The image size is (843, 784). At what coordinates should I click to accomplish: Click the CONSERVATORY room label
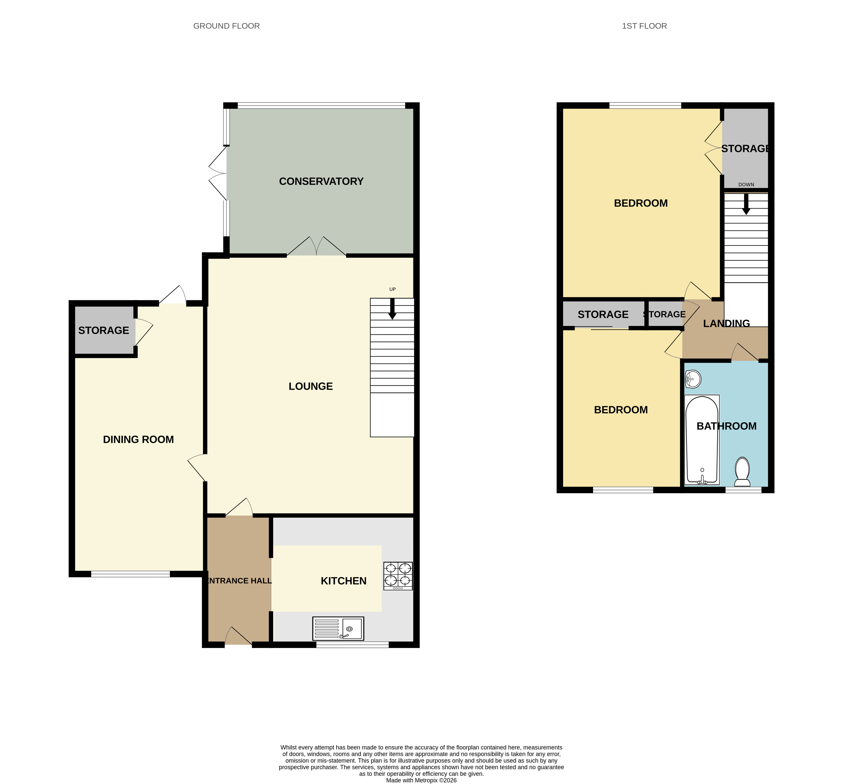point(321,182)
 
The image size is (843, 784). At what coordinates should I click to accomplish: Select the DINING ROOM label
point(138,439)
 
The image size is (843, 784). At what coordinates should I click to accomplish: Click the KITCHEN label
point(343,581)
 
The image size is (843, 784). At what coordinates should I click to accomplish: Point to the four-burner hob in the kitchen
point(398,576)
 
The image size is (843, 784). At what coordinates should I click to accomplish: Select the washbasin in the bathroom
point(693,379)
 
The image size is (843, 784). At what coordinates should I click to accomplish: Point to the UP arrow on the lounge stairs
point(392,309)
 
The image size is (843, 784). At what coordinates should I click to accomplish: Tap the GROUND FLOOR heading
point(226,26)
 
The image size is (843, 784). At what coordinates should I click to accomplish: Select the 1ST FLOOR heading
point(644,26)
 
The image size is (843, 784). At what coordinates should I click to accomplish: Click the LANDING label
point(726,324)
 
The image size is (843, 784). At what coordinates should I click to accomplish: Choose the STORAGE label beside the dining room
point(103,330)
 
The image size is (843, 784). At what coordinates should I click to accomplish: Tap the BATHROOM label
point(726,426)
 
